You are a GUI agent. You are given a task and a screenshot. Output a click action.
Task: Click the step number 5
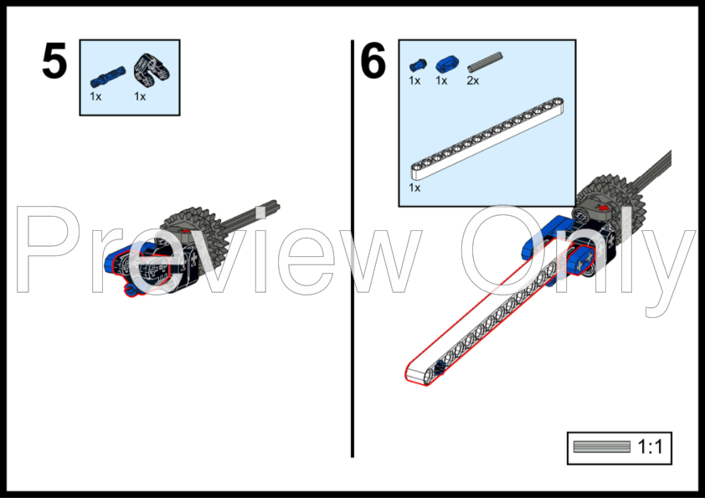[x=54, y=61]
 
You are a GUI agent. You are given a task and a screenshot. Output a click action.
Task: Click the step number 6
[x=373, y=60]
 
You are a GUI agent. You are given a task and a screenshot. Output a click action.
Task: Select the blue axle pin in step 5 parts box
[x=108, y=77]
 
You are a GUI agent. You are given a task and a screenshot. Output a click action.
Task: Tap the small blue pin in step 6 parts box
[x=418, y=65]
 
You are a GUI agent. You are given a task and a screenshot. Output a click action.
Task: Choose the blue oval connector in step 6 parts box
[x=447, y=64]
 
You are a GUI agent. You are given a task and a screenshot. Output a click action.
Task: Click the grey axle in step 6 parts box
[x=485, y=63]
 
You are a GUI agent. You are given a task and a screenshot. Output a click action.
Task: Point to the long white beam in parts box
[x=487, y=139]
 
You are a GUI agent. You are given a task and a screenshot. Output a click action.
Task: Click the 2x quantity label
[x=473, y=81]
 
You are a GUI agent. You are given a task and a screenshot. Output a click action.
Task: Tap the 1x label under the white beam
[x=414, y=187]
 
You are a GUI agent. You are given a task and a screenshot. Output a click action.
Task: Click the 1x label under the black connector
[x=140, y=96]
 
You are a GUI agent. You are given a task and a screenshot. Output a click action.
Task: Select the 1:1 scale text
[x=650, y=447]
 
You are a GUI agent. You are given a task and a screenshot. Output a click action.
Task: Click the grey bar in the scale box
[x=602, y=447]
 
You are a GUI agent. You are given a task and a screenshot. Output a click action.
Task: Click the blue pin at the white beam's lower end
[x=440, y=368]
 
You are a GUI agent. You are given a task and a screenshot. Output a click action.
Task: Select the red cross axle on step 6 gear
[x=604, y=208]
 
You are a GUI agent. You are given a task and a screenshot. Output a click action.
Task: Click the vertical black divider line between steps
[x=352, y=249]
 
